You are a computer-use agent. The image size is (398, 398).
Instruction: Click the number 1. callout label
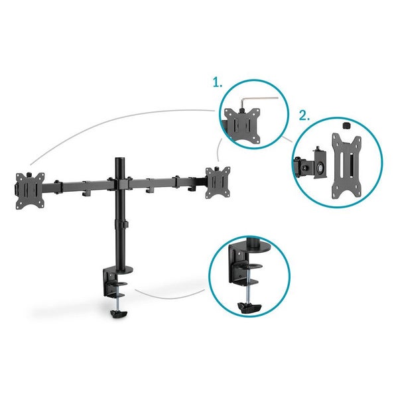click(217, 83)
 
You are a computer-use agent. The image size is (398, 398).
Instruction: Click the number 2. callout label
click(304, 115)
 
